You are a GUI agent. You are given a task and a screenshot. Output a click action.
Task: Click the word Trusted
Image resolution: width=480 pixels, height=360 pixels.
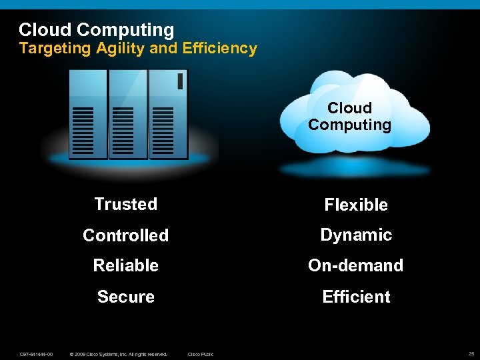(125, 204)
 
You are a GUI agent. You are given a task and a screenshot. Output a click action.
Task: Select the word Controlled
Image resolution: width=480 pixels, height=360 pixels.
(125, 235)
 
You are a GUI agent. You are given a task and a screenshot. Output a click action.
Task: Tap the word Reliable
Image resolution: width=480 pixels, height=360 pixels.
(125, 265)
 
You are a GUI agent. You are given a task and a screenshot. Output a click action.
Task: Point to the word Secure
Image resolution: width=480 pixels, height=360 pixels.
(125, 297)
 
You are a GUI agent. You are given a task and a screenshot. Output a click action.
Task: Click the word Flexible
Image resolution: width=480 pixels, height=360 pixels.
(356, 205)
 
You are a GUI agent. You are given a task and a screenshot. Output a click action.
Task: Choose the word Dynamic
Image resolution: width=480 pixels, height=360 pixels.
(356, 235)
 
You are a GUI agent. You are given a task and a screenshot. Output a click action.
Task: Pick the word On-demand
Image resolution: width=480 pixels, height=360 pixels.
(355, 265)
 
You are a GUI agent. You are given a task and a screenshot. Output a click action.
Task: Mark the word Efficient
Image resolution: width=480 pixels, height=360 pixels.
(356, 297)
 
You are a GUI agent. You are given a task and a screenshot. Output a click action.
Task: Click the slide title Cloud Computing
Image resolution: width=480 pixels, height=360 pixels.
(96, 30)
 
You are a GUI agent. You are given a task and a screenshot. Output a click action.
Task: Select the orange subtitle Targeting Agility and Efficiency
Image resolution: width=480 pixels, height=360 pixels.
(137, 48)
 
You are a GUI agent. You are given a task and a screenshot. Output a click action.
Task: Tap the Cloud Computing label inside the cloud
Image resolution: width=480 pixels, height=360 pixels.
(349, 117)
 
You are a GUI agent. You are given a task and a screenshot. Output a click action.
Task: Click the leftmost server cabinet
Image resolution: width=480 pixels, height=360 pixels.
(88, 114)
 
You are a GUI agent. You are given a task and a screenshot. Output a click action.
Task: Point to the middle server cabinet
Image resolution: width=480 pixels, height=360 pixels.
(128, 114)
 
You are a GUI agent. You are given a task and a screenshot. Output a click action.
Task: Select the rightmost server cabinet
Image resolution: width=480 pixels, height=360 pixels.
(168, 114)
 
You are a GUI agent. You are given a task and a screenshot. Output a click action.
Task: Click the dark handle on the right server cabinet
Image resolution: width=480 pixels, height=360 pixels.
(180, 81)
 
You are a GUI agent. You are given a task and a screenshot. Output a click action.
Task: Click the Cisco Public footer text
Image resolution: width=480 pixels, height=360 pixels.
(201, 354)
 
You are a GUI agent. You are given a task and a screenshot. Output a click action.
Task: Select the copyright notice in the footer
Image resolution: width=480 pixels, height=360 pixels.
(118, 354)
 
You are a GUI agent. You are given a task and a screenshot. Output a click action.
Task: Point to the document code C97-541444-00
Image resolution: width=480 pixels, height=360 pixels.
(37, 354)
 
